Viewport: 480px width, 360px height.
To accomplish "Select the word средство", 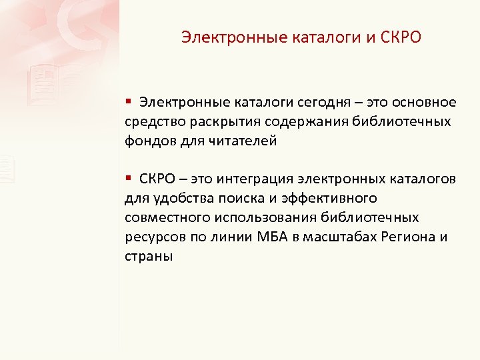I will [150, 122].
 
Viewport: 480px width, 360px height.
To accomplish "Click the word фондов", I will [147, 141].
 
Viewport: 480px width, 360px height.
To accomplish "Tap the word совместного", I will [167, 218].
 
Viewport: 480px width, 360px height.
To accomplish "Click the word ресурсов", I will [149, 237].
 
